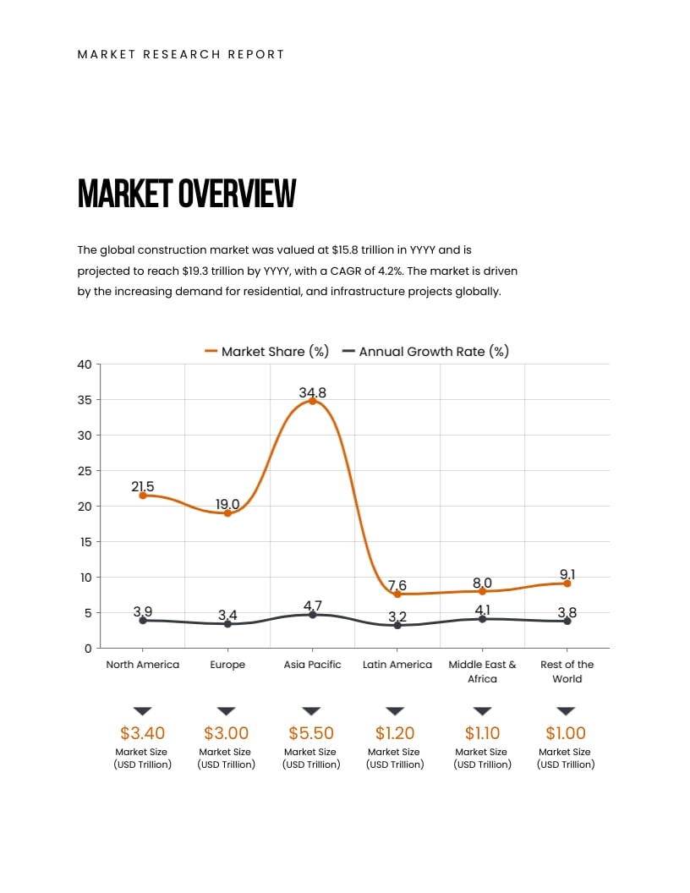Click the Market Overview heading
tap(187, 194)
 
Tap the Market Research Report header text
tap(181, 54)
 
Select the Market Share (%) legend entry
tap(267, 351)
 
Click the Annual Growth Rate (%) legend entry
tap(425, 351)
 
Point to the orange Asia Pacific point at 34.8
tap(312, 401)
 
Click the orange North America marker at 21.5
tap(143, 496)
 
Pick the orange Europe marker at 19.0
tap(227, 513)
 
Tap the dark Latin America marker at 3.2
tap(397, 625)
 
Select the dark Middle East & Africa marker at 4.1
tap(482, 619)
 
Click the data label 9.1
tap(567, 574)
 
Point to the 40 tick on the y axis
tap(84, 364)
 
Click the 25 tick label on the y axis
tap(84, 471)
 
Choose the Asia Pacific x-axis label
tap(312, 665)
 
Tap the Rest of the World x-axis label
tap(567, 671)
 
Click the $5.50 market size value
tap(311, 733)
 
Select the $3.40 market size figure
tap(142, 733)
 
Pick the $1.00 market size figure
tap(566, 733)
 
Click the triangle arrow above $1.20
tap(395, 711)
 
